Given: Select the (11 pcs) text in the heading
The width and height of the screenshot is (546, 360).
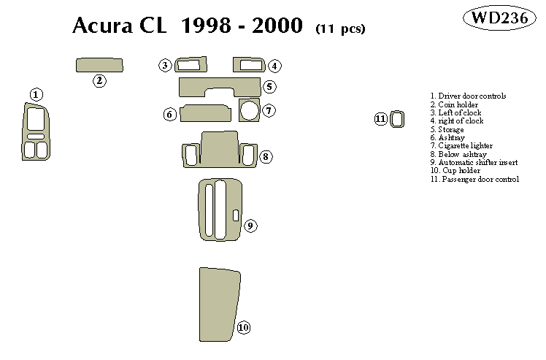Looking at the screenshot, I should (341, 29).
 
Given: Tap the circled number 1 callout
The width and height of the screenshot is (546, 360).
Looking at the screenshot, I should (36, 94).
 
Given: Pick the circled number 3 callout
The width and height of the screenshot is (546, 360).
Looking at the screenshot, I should (166, 66).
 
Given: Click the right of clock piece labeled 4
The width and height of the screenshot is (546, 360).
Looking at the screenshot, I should (248, 64).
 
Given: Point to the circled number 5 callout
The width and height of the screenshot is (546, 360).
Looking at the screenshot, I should (269, 87).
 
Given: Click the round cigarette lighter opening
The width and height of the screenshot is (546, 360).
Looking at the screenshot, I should (249, 111).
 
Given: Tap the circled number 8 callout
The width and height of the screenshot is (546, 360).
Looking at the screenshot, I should (266, 156).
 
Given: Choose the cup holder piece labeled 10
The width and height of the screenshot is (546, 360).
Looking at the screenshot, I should (219, 299).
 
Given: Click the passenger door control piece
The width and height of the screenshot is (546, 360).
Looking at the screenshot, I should (396, 119).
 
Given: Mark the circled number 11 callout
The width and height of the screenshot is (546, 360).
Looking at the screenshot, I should (380, 119).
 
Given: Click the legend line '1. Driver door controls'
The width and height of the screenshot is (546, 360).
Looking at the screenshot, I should (468, 96).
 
